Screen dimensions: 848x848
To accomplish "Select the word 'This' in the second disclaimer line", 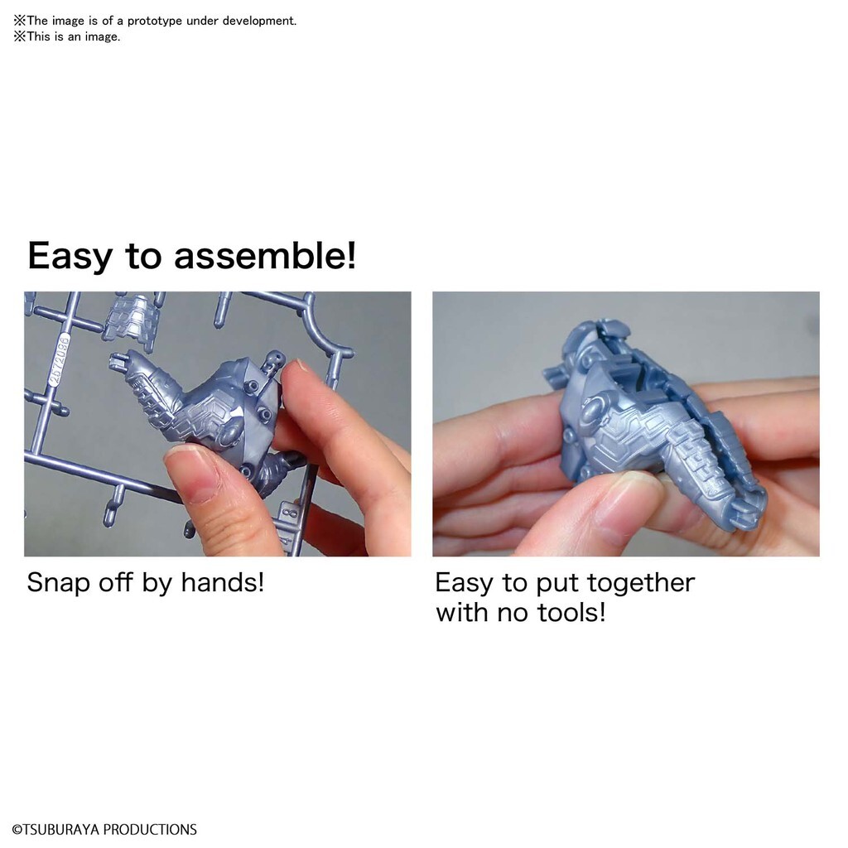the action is tap(38, 36).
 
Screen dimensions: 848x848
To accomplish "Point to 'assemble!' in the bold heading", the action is tap(265, 255).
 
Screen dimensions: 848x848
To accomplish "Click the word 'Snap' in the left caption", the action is tap(59, 584).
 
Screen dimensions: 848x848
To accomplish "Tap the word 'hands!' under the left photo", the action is tap(222, 582).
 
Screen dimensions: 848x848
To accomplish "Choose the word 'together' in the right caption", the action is tap(641, 584).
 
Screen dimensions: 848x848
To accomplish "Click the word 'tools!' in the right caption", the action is tap(571, 612).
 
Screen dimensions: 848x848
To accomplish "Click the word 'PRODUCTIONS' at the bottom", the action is tap(150, 830).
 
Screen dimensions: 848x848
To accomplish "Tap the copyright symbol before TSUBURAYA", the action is tap(17, 830).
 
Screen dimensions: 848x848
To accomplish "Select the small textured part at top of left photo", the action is tap(132, 320).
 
